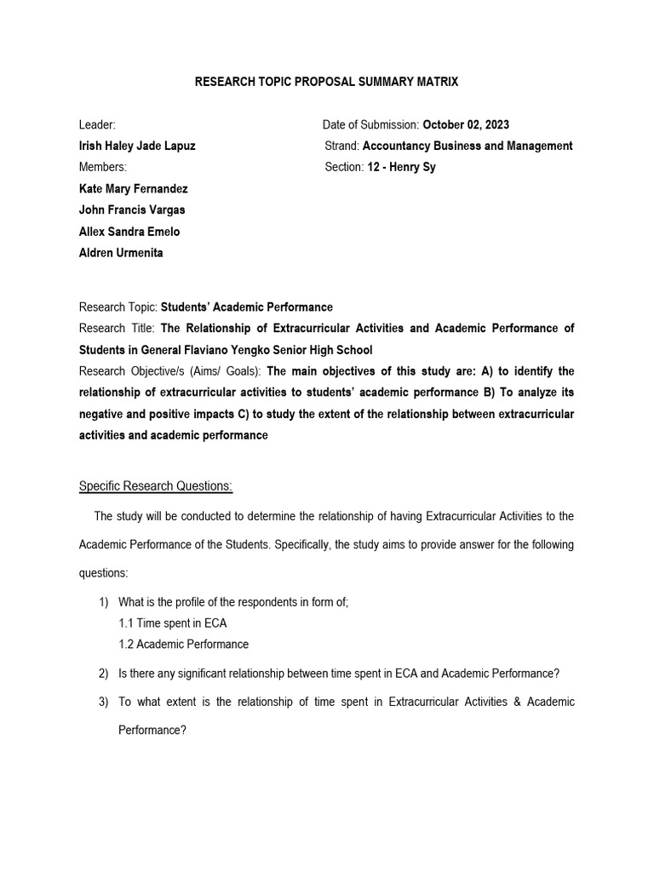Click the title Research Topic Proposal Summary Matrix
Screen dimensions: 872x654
[327, 82]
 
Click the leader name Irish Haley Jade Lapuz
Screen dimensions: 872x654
[137, 146]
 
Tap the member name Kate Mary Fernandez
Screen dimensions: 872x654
[133, 188]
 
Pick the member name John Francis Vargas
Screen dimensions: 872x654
[132, 209]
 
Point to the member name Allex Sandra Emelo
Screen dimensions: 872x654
[129, 232]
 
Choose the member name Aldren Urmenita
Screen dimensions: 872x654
[121, 253]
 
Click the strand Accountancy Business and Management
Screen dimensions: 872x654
[468, 146]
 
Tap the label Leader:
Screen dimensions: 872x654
[97, 124]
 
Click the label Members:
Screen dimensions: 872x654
[102, 167]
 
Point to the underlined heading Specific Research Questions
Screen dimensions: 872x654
[156, 485]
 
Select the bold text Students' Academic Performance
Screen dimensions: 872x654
[247, 307]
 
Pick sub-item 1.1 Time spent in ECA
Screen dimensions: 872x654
[173, 623]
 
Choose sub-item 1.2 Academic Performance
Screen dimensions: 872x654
[184, 644]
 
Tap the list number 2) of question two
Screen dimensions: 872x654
[104, 674]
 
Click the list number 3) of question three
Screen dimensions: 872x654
[104, 702]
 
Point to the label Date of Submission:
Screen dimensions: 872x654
[370, 124]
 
